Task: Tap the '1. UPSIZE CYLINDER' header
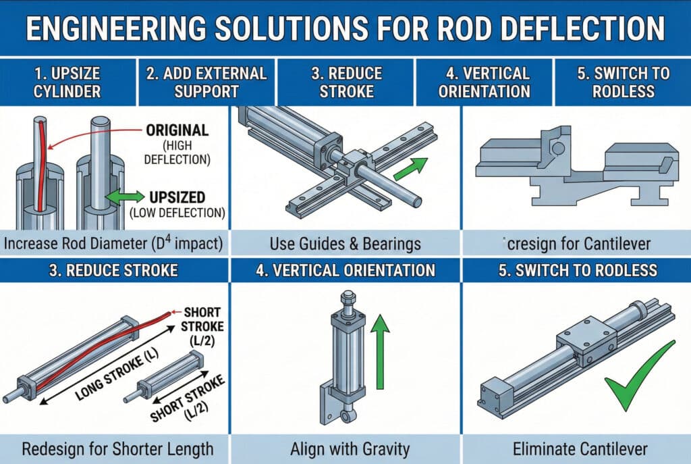[68, 82]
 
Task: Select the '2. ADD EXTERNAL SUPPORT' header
[206, 82]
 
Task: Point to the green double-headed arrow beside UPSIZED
[124, 197]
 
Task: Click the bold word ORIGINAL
[177, 131]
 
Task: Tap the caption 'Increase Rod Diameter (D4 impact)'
[115, 242]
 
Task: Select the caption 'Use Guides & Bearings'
[345, 242]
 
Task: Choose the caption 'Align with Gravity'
[345, 448]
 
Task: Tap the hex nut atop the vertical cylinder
[347, 297]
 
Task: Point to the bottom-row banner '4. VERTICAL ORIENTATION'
[345, 271]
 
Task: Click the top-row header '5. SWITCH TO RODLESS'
[621, 82]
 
